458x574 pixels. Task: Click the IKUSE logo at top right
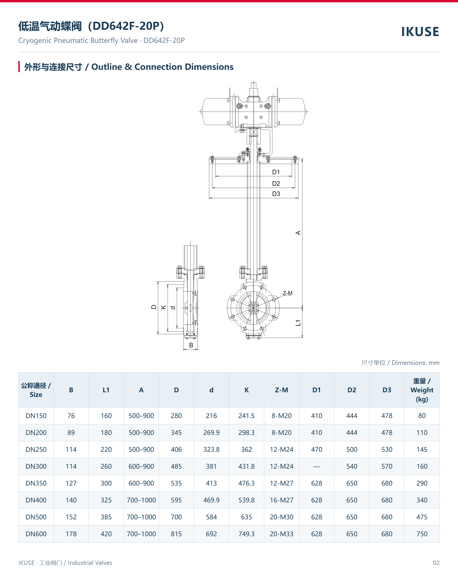click(420, 32)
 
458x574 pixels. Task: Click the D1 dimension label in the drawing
click(276, 172)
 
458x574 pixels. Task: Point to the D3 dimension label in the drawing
click(276, 194)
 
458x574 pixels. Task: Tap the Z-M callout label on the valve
click(287, 293)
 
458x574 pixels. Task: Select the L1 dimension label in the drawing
click(298, 323)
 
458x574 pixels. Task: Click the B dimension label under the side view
click(191, 345)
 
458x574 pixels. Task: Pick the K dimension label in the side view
click(163, 307)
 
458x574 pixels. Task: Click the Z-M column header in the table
click(281, 390)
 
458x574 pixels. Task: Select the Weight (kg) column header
click(422, 390)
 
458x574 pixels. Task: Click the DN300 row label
click(36, 466)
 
